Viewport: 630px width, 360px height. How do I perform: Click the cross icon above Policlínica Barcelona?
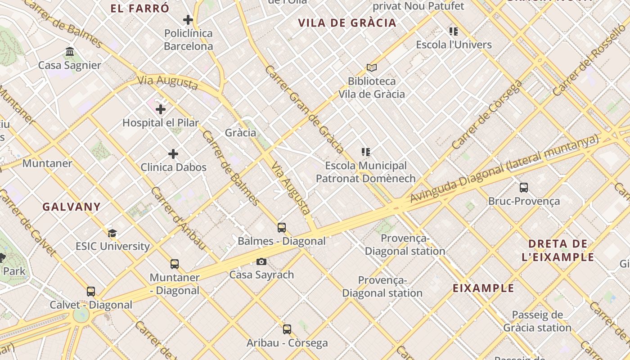click(188, 20)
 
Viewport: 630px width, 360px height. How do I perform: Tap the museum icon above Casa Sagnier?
click(70, 52)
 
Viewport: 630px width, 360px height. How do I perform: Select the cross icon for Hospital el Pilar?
click(161, 109)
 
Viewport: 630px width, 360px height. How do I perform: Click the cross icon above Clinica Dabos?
click(173, 154)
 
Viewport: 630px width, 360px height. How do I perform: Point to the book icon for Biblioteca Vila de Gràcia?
click(371, 67)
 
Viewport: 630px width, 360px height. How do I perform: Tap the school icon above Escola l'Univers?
click(454, 31)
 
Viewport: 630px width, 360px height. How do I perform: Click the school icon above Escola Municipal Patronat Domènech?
click(366, 152)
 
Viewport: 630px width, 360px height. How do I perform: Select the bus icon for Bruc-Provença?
click(524, 188)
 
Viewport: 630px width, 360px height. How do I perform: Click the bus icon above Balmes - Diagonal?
click(282, 228)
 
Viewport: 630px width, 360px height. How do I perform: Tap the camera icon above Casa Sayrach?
click(261, 261)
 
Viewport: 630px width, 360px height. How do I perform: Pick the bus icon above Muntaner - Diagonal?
click(175, 264)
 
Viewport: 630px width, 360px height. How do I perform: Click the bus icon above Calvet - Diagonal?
click(91, 292)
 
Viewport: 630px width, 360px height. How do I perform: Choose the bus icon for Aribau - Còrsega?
click(287, 329)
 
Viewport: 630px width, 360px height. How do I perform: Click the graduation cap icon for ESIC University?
click(112, 233)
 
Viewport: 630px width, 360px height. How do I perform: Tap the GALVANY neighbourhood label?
click(72, 207)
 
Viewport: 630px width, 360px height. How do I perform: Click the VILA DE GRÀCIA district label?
click(347, 23)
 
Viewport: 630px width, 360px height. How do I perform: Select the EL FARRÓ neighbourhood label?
click(140, 8)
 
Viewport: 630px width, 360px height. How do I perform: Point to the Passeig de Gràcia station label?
click(537, 321)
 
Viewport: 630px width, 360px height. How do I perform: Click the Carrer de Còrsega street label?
click(487, 115)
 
